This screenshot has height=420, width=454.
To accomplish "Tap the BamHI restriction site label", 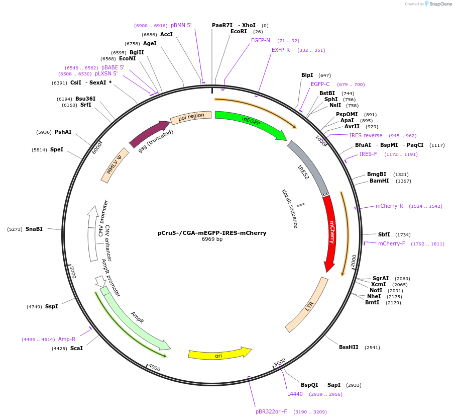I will tap(379, 181).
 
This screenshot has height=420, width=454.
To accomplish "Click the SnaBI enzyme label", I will tap(34, 229).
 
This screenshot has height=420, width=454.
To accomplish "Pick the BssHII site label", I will tap(349, 348).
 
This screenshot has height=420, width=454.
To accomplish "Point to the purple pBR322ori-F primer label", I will tap(271, 411).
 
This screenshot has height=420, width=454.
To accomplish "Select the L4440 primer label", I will tap(295, 394).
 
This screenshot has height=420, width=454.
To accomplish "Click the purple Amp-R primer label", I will tap(67, 340).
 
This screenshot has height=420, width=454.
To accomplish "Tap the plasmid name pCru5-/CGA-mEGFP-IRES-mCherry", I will tap(212, 233).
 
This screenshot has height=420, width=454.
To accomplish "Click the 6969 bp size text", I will tap(212, 239).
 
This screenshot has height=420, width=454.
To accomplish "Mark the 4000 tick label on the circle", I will tap(154, 368).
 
